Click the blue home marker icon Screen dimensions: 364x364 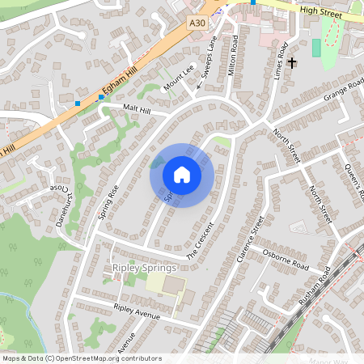182,175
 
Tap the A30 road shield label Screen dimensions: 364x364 197,24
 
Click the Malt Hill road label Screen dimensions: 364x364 137,108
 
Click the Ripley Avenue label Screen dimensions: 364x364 138,311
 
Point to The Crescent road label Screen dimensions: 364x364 203,240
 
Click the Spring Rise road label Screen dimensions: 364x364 108,202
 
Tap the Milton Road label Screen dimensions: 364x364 235,54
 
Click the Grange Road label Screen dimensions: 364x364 344,90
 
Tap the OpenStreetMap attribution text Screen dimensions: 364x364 81,358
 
